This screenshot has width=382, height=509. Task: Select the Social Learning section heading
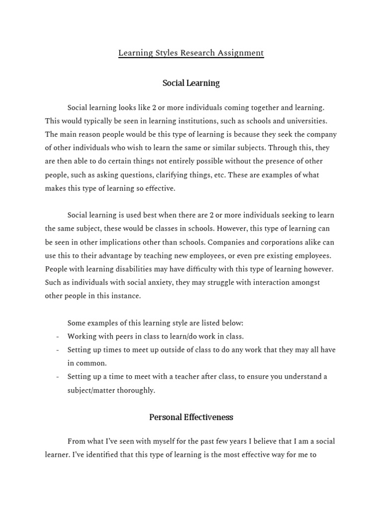tap(191, 83)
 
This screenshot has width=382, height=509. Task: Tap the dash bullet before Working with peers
tap(58, 337)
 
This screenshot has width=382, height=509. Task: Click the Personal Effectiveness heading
tap(191, 417)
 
